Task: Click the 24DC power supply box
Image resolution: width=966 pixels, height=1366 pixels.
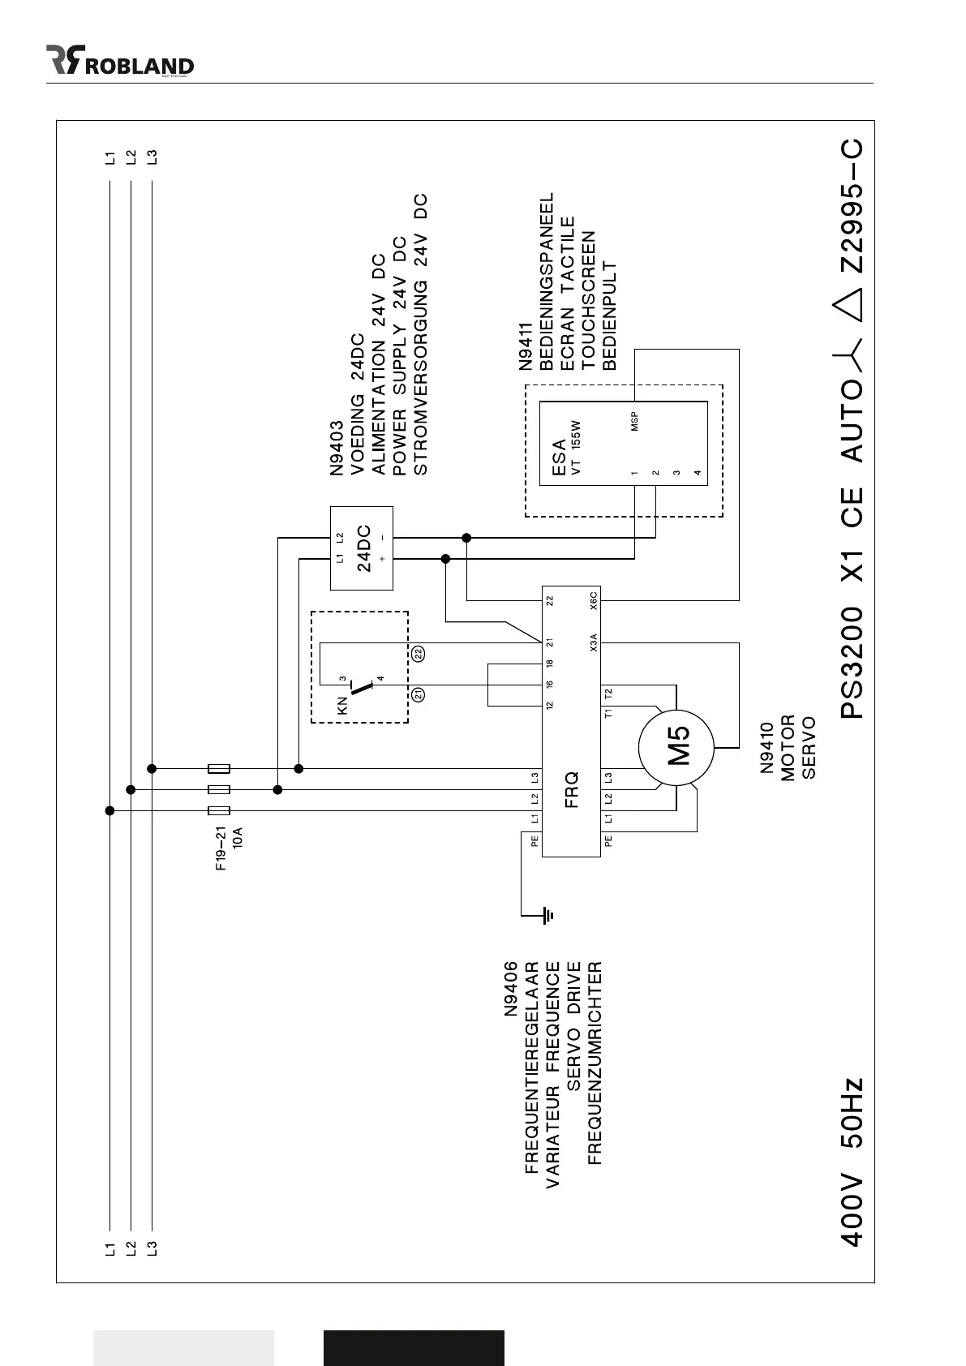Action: point(362,548)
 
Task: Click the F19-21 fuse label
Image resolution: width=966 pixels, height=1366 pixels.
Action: point(221,848)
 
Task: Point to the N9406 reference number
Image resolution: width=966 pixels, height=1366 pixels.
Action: point(511,989)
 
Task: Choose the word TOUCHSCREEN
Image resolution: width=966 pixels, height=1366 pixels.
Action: point(589,301)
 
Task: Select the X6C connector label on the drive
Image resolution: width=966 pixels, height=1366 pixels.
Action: point(594,600)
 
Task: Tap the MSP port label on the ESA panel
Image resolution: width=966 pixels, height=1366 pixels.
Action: point(634,421)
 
